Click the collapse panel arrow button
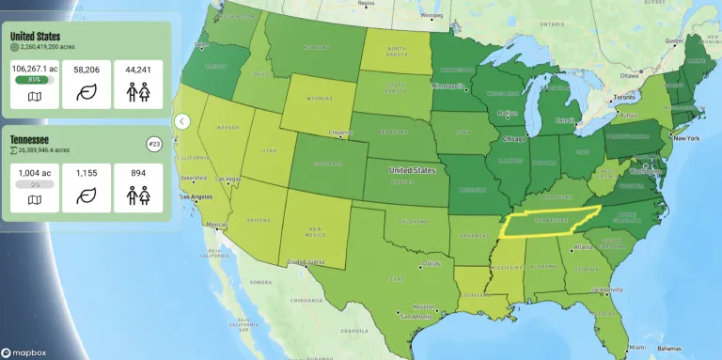[x=182, y=121]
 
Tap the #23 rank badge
[x=155, y=144]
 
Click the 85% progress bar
[x=34, y=80]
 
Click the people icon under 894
[x=139, y=196]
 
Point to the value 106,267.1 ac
[x=34, y=69]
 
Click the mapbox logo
[x=24, y=352]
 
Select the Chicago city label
[x=514, y=138]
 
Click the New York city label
[x=685, y=138]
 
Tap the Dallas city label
[x=431, y=263]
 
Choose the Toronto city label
[x=624, y=98]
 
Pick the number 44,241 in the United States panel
[x=139, y=69]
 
